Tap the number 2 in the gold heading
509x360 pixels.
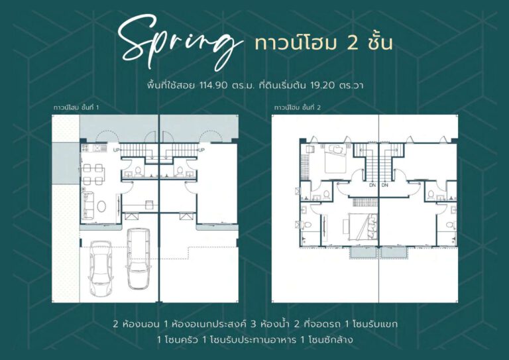tap(353, 43)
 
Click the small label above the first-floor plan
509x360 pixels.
tap(76, 107)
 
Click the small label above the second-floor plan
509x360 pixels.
tap(298, 107)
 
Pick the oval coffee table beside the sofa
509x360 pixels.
tap(101, 206)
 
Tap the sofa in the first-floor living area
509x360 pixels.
tap(88, 205)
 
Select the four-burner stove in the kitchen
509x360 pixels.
tap(85, 148)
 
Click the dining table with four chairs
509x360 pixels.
tap(93, 174)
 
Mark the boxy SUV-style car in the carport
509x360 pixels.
tap(139, 259)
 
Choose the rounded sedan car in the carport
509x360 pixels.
tap(101, 268)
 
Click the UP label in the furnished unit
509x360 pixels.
tap(116, 150)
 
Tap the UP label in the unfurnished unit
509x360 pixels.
tap(201, 150)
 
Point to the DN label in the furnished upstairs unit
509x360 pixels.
tap(372, 185)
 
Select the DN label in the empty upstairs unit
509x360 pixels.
tap(385, 185)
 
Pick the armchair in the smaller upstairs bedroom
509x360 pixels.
tap(310, 149)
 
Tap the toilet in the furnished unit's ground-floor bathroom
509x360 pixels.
tap(138, 170)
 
